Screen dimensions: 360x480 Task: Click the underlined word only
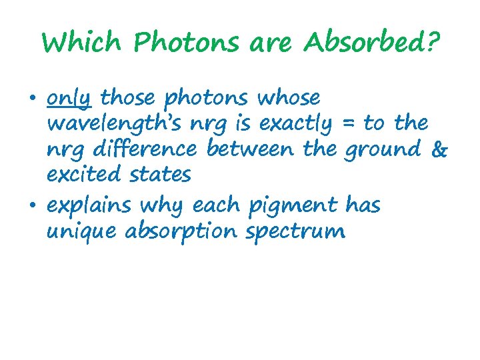[x=69, y=99]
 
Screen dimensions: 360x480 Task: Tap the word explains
[x=89, y=206]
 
